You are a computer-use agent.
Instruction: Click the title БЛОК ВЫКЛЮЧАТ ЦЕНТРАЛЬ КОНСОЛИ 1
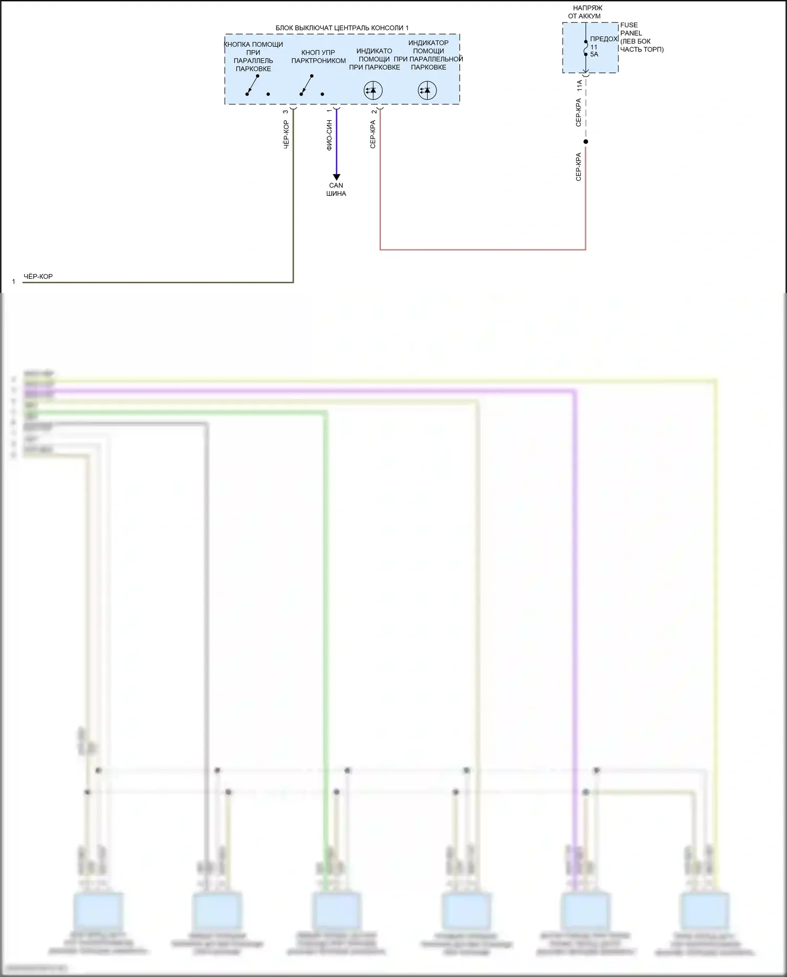(x=342, y=28)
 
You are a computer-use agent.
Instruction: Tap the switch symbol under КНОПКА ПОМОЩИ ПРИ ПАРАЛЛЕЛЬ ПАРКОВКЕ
(x=253, y=86)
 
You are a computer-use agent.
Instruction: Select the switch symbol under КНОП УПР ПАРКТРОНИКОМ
(x=307, y=86)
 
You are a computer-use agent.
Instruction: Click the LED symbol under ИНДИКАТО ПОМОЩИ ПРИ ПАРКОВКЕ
(x=373, y=90)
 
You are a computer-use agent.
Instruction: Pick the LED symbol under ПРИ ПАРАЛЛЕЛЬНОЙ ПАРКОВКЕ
(x=427, y=90)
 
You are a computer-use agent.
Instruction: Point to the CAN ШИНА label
(x=336, y=190)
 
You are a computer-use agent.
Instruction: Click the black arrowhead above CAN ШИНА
(x=336, y=177)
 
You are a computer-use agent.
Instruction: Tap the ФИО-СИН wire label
(x=329, y=135)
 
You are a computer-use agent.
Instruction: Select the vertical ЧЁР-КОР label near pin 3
(x=286, y=135)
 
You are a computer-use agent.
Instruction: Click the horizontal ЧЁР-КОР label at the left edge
(x=38, y=277)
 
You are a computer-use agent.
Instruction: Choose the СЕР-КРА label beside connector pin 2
(x=373, y=134)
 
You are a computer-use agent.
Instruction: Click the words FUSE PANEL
(x=631, y=29)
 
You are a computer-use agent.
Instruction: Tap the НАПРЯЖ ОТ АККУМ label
(x=585, y=12)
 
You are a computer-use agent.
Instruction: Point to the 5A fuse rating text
(x=594, y=54)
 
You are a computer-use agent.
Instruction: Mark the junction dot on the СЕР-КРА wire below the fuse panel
(x=586, y=142)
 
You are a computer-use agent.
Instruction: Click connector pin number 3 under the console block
(x=285, y=112)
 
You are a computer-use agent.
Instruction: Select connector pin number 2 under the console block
(x=374, y=112)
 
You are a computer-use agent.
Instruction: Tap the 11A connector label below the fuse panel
(x=579, y=86)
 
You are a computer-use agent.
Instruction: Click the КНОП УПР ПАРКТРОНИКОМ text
(x=318, y=57)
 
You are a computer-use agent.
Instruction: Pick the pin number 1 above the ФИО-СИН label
(x=329, y=111)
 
